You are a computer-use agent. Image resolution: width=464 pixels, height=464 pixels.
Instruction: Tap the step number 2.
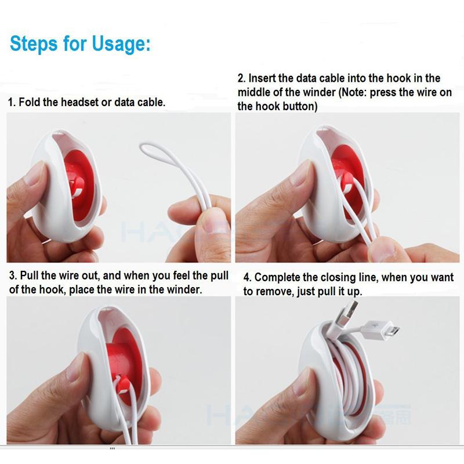[x=241, y=78]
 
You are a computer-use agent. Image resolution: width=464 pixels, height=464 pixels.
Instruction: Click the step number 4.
[x=246, y=278]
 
